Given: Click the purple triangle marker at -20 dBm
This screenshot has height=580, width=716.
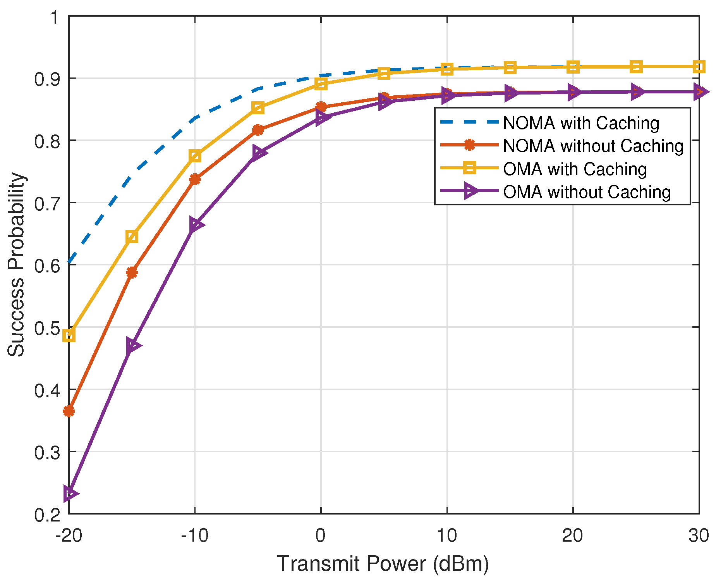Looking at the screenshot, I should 70,493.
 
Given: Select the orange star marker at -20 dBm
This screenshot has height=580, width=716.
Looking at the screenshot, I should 69,411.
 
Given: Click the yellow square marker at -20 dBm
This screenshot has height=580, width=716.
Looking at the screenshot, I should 69,336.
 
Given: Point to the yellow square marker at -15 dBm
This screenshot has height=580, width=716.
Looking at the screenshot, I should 132,236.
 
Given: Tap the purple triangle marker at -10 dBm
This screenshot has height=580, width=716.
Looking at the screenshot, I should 196,225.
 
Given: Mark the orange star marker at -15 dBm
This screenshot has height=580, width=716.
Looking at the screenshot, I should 132,272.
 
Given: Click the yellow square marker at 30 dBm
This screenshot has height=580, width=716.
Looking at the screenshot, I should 699,67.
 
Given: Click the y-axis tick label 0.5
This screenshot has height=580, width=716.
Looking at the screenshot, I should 46,328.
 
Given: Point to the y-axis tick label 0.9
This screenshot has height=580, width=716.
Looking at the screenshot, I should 46,79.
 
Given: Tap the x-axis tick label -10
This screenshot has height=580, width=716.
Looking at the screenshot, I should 194,536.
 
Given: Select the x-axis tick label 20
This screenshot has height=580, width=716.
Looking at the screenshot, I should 573,536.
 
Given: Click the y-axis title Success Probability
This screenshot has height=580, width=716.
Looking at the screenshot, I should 16,265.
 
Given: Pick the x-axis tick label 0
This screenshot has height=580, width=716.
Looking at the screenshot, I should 321,536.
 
